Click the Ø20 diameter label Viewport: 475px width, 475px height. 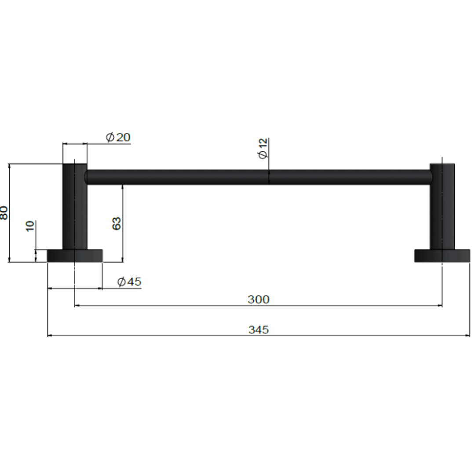pos(118,137)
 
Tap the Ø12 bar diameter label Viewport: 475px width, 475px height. pos(263,149)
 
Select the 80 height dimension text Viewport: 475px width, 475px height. pos(4,213)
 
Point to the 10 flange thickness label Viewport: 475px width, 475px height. pos(30,226)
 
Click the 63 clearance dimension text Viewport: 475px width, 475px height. pos(117,223)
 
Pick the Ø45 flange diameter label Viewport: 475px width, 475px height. pos(130,282)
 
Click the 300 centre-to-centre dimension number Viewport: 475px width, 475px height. pos(258,300)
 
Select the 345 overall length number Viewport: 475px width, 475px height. pos(258,330)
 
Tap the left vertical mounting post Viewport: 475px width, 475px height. pos(75,207)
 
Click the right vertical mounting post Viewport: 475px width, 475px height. pos(442,207)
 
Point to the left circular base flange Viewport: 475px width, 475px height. pos(75,256)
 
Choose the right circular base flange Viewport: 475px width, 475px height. pos(442,256)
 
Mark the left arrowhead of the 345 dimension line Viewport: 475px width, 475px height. pos(49,336)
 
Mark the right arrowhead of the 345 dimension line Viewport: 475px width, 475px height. pos(468,336)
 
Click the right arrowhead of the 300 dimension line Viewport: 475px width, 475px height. pos(440,305)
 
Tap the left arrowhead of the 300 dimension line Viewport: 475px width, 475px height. pos(77,305)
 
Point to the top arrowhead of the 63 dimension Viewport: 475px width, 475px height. pos(123,186)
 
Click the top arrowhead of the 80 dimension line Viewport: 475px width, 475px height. pos(9,166)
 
